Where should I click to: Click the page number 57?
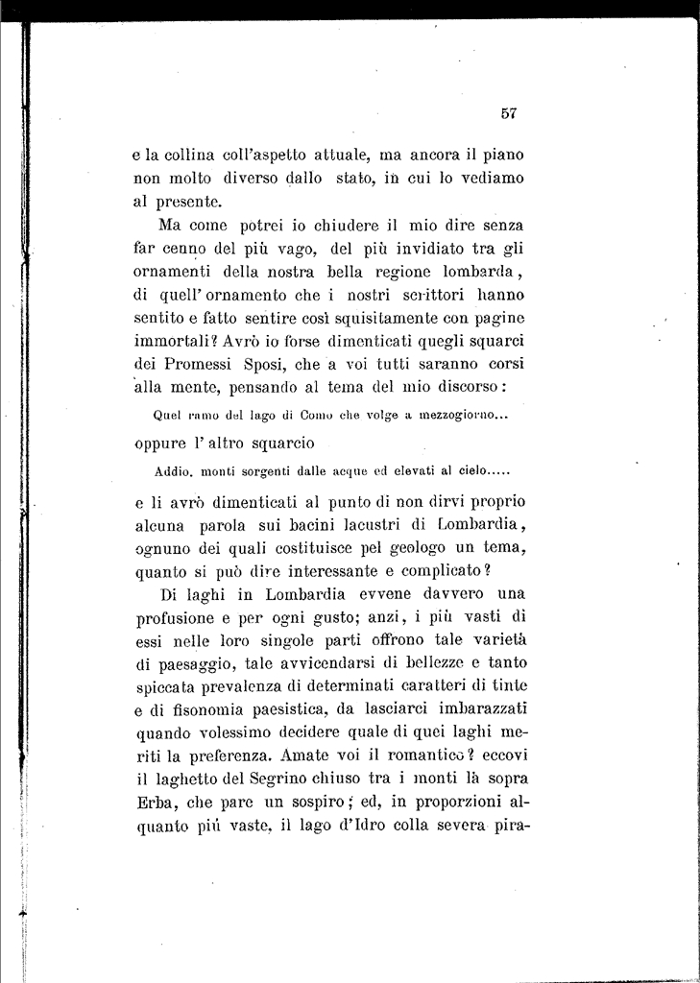tap(509, 112)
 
